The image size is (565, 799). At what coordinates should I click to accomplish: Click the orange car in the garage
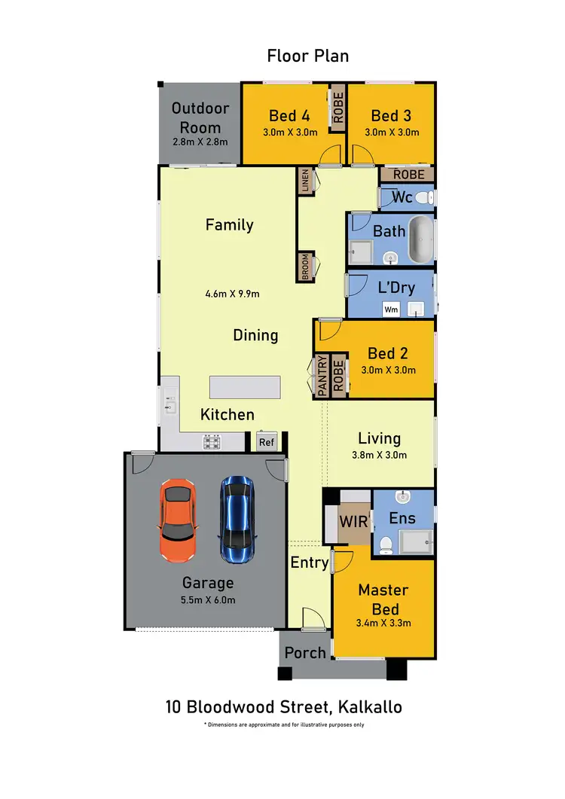click(179, 520)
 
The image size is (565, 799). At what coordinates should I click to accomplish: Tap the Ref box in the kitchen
click(267, 442)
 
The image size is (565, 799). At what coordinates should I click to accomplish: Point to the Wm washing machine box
click(391, 309)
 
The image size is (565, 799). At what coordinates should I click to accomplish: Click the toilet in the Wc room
click(424, 198)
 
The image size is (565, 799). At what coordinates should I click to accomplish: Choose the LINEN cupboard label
click(305, 181)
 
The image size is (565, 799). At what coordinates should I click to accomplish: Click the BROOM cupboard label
click(305, 267)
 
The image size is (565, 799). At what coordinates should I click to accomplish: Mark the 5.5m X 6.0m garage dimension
click(208, 600)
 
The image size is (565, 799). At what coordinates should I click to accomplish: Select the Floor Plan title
click(308, 56)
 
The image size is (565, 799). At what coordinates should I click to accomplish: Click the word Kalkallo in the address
click(369, 707)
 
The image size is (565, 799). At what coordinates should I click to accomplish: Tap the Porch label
click(305, 652)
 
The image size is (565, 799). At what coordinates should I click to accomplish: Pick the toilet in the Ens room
click(386, 542)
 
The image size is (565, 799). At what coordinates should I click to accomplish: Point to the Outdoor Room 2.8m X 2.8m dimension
click(200, 142)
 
